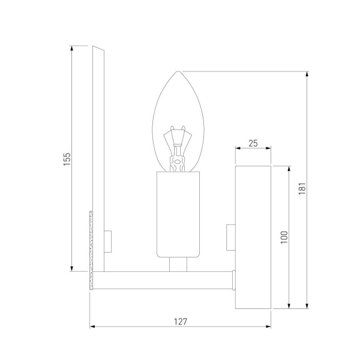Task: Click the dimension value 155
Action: tap(67, 158)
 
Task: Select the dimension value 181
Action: tap(302, 188)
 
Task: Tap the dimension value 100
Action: tap(284, 236)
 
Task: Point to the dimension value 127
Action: tap(181, 321)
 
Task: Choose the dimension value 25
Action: tap(253, 143)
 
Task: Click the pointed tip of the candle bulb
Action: tap(178, 72)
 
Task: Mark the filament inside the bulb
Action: tap(178, 150)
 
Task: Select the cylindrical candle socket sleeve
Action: tap(178, 214)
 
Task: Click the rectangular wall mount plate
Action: tap(253, 238)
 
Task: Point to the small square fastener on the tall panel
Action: tap(108, 241)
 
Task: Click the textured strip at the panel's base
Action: tap(92, 249)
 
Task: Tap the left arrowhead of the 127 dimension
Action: tap(92, 327)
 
